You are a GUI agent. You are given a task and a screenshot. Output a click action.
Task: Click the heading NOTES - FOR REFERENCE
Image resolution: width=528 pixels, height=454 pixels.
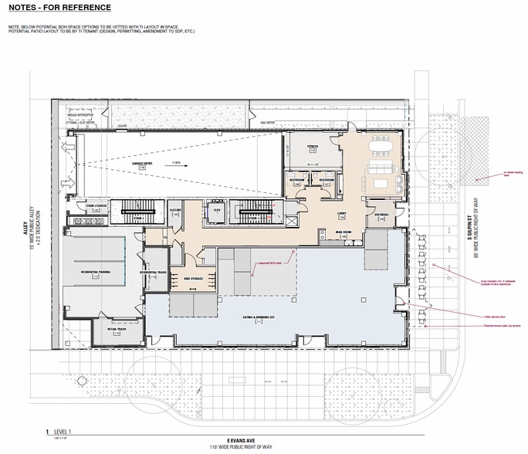pos(59,8)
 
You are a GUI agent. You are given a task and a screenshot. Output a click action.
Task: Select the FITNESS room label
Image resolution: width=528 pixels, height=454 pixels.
pos(313,147)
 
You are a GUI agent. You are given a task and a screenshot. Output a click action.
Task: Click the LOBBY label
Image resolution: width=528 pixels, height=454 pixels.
pos(340,214)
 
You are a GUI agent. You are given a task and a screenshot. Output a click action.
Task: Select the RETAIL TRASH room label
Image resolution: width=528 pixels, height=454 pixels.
pos(117,328)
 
